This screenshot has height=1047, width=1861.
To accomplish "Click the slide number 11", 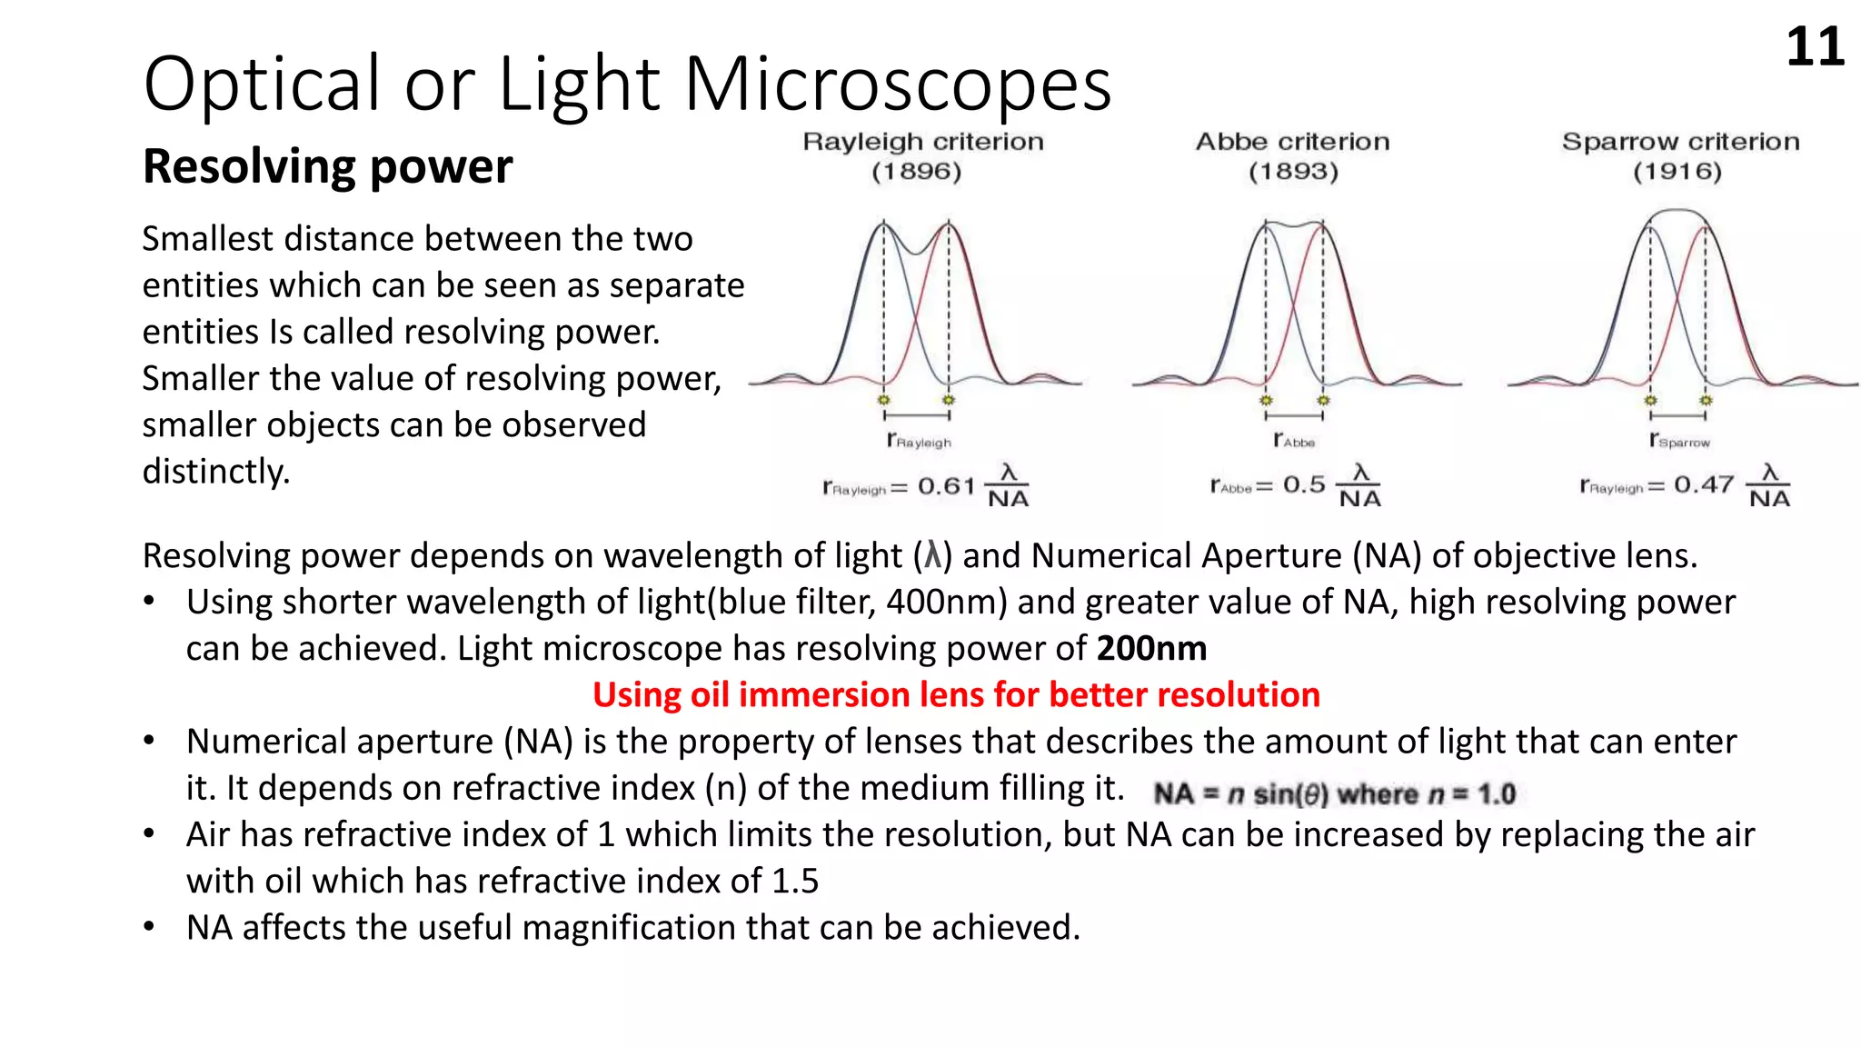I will coord(1815,47).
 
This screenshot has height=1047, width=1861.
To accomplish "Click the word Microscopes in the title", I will coord(897,85).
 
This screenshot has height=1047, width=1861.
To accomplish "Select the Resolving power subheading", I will coord(327,166).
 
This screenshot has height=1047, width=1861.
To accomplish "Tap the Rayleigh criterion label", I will coord(922,142).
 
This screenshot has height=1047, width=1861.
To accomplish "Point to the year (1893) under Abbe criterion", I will coord(1293,172).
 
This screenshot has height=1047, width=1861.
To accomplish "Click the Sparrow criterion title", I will coord(1680,142).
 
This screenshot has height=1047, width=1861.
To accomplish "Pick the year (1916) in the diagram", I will coord(1677,172).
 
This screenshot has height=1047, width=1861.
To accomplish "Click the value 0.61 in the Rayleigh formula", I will coord(946,486).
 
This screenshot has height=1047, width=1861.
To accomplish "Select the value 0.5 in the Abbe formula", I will coord(1304,485).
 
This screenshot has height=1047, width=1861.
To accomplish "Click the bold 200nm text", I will coord(1151,649).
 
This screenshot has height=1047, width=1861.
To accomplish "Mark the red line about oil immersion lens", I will coord(956,695).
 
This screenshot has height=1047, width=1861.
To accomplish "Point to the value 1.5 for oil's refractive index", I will coord(795,882).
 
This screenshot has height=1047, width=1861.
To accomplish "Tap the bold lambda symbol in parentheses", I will coord(932,556).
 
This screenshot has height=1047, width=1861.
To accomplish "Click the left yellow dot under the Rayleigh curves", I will coord(883,400).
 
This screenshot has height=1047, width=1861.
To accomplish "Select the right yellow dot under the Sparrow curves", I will coord(1706,400).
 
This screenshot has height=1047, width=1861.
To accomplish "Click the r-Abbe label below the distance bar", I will coord(1294,441).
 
